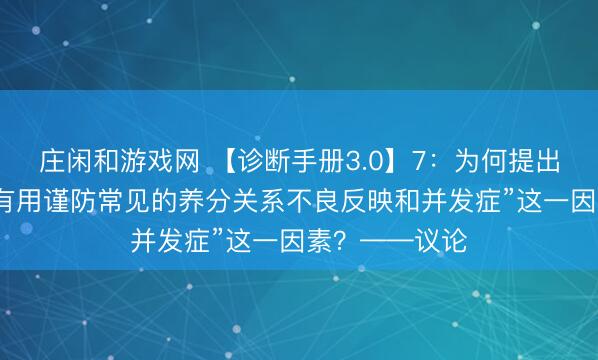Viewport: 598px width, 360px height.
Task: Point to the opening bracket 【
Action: [x=222, y=159]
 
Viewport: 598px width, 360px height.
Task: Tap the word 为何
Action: [x=482, y=159]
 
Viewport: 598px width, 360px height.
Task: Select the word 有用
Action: [x=22, y=199]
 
